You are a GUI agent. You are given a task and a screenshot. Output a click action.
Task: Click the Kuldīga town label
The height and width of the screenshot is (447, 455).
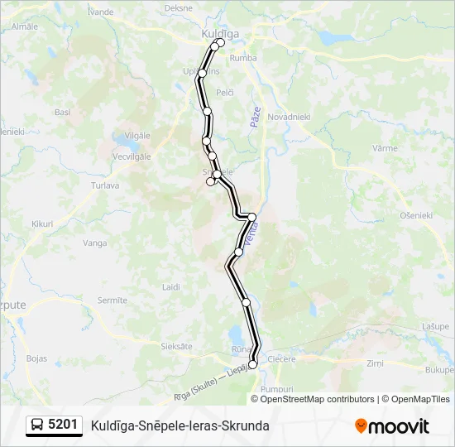220,33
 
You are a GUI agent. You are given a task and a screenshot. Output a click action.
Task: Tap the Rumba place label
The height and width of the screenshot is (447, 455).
243,58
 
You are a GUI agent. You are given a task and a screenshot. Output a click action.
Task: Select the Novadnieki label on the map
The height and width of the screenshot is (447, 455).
289,118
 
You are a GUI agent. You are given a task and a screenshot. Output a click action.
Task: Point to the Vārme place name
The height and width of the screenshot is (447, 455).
385,147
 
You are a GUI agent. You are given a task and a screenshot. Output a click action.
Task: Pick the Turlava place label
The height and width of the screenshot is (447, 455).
105,185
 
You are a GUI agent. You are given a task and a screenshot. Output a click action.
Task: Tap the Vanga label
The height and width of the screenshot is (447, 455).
95,243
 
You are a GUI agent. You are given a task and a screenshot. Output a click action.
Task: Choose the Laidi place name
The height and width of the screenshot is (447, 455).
171,286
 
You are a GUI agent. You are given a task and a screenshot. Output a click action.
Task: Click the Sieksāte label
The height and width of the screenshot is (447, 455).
175,346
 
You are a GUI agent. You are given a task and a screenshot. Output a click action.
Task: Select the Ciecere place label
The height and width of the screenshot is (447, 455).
283,359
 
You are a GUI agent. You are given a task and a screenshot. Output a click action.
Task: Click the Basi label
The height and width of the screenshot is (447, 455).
62,112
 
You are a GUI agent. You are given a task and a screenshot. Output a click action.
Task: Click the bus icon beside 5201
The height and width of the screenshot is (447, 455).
37,425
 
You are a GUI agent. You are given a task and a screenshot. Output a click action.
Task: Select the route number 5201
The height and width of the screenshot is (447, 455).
64,425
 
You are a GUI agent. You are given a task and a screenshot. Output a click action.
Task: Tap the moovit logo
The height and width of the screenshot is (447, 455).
391,426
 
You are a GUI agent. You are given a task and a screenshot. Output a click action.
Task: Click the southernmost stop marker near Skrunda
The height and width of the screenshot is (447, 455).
252,363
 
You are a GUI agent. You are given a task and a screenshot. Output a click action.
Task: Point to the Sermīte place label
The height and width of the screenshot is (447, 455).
112,300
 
